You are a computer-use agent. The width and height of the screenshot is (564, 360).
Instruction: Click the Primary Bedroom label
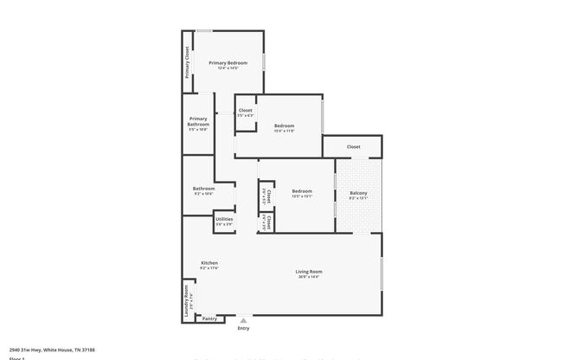point(228,63)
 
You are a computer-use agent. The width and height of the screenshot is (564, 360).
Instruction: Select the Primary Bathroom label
point(198,121)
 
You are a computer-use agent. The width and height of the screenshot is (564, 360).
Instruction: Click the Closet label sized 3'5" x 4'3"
point(246,110)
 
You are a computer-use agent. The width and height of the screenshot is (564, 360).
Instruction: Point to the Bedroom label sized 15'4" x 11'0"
point(285,124)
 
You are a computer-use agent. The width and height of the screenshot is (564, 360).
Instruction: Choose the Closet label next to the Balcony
point(353,147)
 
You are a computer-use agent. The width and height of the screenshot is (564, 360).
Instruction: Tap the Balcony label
point(358,193)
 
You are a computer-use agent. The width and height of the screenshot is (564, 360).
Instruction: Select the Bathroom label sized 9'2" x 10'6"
point(203,189)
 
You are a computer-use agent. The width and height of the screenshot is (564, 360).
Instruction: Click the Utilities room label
point(223,219)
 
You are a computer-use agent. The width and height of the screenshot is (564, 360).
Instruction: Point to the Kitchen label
point(209,262)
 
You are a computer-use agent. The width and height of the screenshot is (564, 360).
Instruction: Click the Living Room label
point(309,272)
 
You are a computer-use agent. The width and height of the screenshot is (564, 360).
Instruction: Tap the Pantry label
point(208,318)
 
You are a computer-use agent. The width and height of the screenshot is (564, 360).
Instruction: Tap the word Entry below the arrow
point(243,328)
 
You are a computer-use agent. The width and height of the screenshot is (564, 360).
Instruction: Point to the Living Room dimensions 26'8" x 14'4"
point(309,277)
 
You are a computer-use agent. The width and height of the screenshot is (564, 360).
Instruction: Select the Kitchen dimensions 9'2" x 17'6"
point(209,267)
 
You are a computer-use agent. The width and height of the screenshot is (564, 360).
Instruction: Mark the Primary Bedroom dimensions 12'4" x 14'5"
point(228,68)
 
